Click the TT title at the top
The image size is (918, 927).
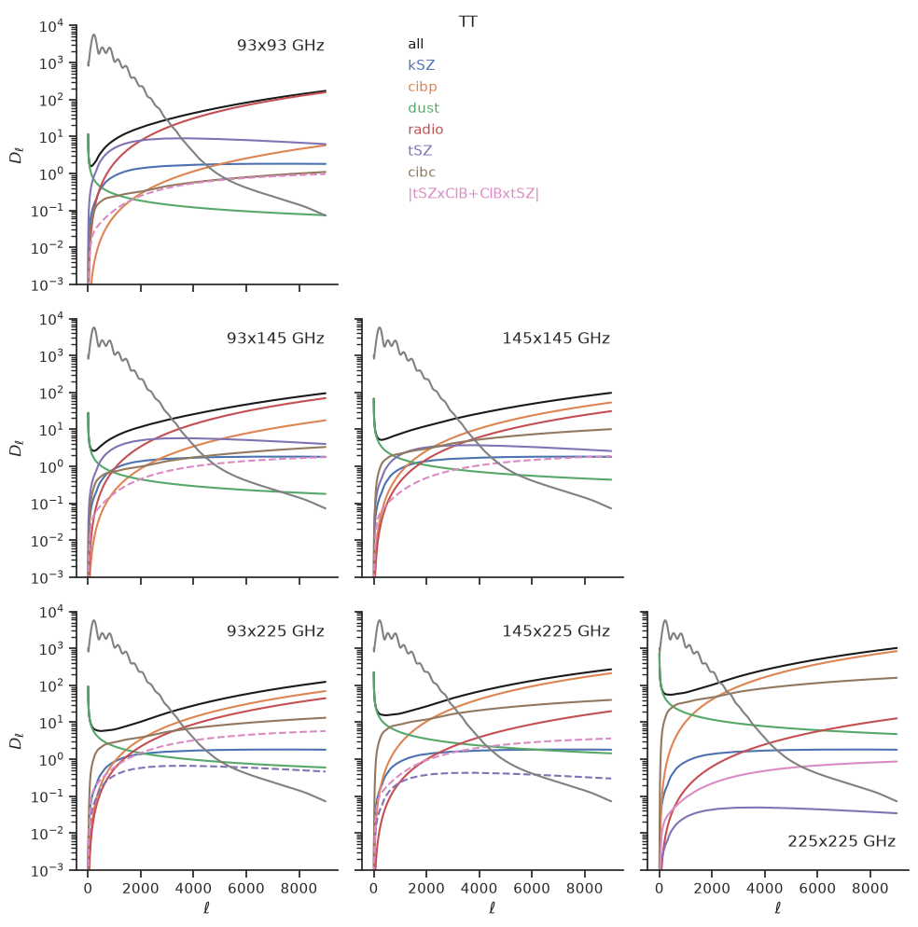467,21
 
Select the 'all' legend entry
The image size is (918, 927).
416,44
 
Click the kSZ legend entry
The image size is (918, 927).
421,65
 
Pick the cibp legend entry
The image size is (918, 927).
423,87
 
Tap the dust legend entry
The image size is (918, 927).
424,108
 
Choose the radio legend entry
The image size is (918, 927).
425,130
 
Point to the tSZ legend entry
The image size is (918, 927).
420,151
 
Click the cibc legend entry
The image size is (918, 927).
422,172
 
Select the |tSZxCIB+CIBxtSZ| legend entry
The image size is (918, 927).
473,193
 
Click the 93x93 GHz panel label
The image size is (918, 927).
281,46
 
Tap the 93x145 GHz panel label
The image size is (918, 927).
275,339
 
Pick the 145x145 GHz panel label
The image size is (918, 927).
556,339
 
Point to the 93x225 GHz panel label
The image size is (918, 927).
275,631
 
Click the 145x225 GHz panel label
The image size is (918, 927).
556,631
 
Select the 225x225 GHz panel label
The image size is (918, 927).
841,841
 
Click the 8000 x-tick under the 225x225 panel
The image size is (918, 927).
870,888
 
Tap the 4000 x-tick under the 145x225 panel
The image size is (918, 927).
480,888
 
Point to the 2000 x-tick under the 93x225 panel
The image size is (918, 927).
141,888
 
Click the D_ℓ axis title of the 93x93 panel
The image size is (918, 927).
16,156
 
